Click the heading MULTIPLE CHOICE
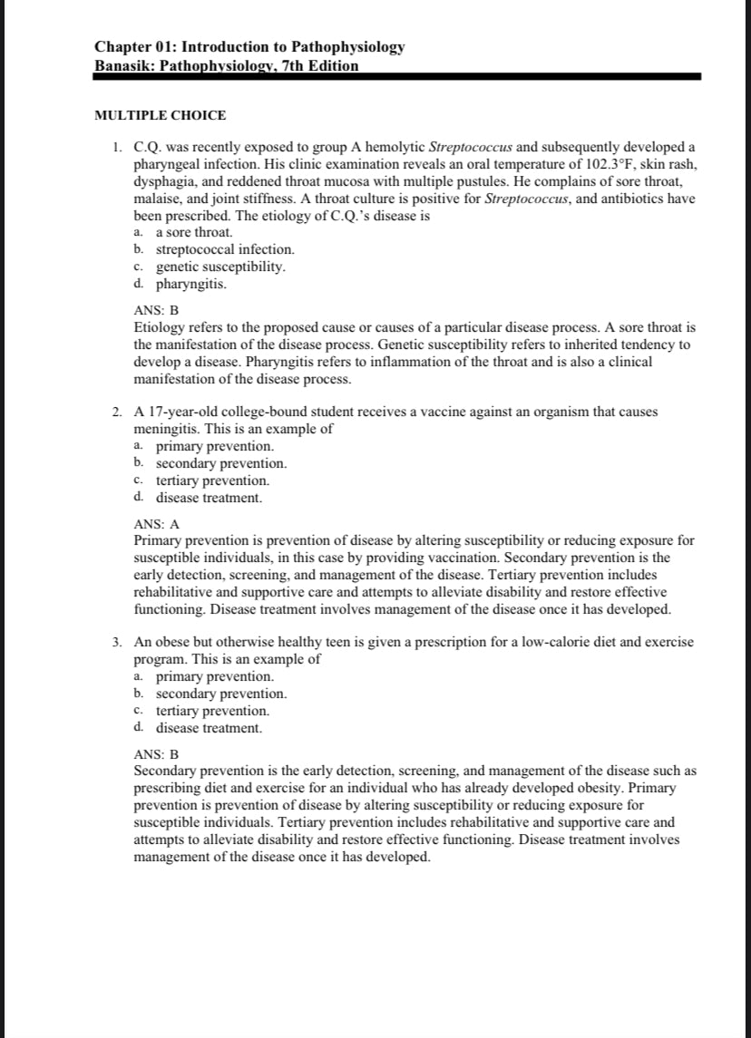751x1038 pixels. point(161,115)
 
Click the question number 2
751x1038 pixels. point(118,412)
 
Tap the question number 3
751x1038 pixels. point(118,642)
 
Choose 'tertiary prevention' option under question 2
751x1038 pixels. point(212,480)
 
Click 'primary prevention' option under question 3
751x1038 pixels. point(214,676)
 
